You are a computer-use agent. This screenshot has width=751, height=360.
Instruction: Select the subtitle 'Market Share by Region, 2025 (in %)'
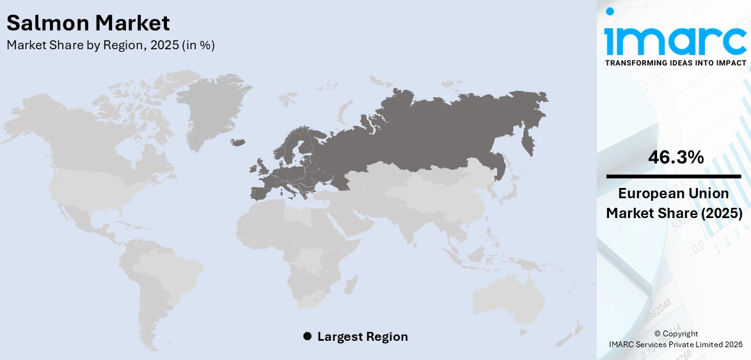point(111,45)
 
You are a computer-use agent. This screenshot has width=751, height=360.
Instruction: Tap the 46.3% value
point(676,157)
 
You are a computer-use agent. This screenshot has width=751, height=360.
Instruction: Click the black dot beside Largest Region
point(307,336)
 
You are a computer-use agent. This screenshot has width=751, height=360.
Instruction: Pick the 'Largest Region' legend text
point(362,336)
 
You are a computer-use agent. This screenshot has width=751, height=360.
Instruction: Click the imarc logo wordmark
point(676,40)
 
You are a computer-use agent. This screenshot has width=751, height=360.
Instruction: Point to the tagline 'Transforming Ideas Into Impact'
point(676,63)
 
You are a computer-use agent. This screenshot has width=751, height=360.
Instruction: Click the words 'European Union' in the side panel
point(674,194)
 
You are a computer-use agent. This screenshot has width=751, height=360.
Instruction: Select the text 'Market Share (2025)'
point(674,214)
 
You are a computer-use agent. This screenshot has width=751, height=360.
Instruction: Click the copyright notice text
point(676,339)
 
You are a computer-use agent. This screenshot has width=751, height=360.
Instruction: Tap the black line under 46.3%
point(674,176)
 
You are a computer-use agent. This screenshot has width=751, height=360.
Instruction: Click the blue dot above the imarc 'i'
point(610,11)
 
